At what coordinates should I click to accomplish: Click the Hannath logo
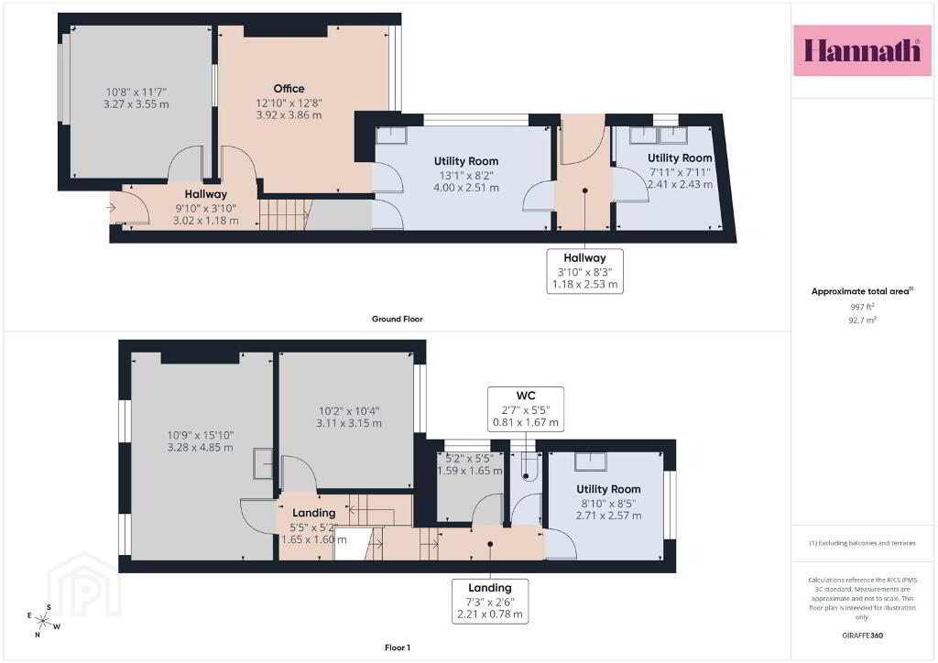pyautogui.click(x=862, y=50)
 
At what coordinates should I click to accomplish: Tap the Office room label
pyautogui.click(x=289, y=89)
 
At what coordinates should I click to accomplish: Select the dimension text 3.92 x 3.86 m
pyautogui.click(x=289, y=114)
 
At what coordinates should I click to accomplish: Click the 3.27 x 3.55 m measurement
pyautogui.click(x=136, y=104)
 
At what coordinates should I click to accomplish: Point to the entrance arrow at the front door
pyautogui.click(x=111, y=208)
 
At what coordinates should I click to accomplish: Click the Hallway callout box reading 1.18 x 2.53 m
pyautogui.click(x=585, y=271)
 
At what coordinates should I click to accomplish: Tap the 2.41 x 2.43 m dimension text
pyautogui.click(x=681, y=184)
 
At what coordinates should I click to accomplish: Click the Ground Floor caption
pyautogui.click(x=398, y=320)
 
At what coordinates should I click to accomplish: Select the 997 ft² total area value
pyautogui.click(x=862, y=307)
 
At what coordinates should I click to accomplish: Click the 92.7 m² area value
pyautogui.click(x=862, y=320)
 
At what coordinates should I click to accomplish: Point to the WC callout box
pyautogui.click(x=526, y=409)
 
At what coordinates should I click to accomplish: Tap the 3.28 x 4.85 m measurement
pyautogui.click(x=201, y=447)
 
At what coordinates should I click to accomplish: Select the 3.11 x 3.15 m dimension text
pyautogui.click(x=349, y=423)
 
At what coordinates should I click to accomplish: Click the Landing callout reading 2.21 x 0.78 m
pyautogui.click(x=490, y=601)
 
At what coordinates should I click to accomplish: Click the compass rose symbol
pyautogui.click(x=43, y=621)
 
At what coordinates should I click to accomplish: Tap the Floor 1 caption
pyautogui.click(x=398, y=647)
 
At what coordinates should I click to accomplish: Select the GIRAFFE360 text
pyautogui.click(x=862, y=636)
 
